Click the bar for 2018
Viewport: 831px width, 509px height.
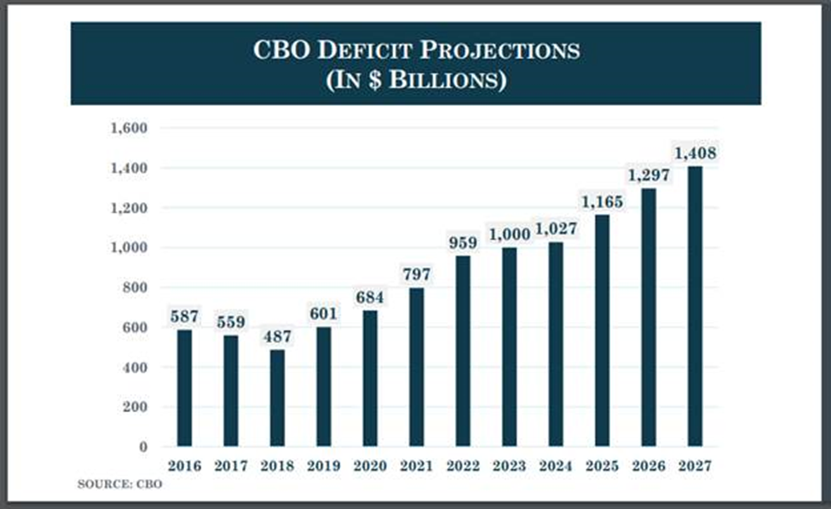(x=278, y=397)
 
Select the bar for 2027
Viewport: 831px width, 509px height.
(x=695, y=306)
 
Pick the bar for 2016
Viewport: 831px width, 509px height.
(x=185, y=388)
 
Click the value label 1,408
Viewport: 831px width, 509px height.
(x=695, y=153)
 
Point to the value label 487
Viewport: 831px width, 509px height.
(x=278, y=336)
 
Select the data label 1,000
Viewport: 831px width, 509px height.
(x=509, y=234)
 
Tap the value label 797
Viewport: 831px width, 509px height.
(x=417, y=275)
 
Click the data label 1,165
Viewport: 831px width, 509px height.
(x=602, y=202)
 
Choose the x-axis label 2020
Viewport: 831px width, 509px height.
(x=370, y=466)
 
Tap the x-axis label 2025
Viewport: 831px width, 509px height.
(x=602, y=466)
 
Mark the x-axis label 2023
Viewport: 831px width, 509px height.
(x=509, y=466)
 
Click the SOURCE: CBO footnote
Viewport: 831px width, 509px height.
(x=119, y=484)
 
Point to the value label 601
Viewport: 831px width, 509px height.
(x=324, y=314)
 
